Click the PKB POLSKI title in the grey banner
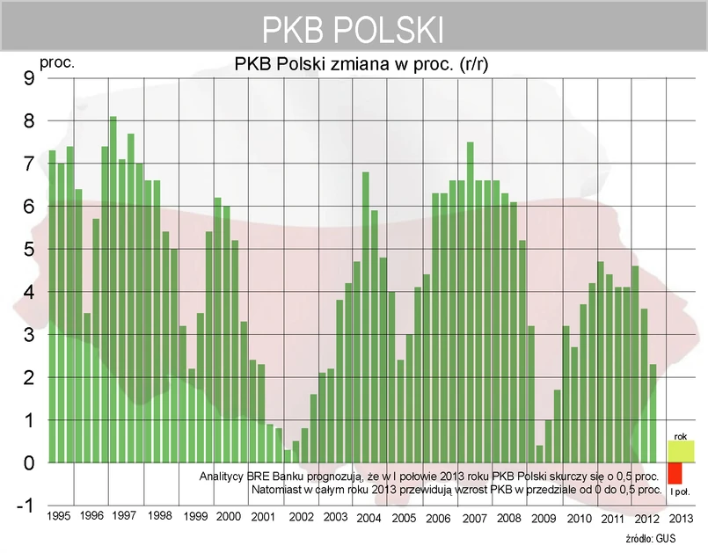[353, 29]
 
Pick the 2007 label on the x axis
[474, 517]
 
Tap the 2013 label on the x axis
[682, 517]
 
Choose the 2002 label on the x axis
[302, 517]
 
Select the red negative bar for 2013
[675, 473]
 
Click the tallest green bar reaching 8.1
[113, 290]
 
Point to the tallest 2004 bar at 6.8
[366, 317]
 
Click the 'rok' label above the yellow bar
[680, 435]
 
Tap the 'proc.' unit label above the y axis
[57, 63]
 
